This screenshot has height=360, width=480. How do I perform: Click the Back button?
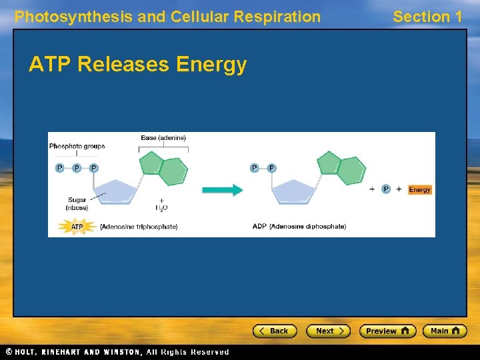coord(274,331)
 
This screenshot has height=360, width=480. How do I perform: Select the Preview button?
coord(387,331)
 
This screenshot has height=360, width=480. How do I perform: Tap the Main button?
coord(445,331)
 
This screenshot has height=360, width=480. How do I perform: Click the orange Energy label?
coord(419,189)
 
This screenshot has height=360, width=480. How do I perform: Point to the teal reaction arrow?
coord(223,190)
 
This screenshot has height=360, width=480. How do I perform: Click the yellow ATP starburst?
coord(77,227)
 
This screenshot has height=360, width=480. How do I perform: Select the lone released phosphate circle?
coord(386,189)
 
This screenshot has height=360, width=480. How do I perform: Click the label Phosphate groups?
coord(77,146)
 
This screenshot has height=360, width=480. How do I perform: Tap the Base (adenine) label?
coord(163,138)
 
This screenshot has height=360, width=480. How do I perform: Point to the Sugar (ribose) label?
coord(77,203)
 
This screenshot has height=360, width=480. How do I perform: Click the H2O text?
coord(161,207)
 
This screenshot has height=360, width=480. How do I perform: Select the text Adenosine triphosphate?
coord(139,227)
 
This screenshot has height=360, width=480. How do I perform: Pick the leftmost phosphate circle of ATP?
coord(59,168)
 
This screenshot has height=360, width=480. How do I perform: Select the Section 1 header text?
coord(427,17)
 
